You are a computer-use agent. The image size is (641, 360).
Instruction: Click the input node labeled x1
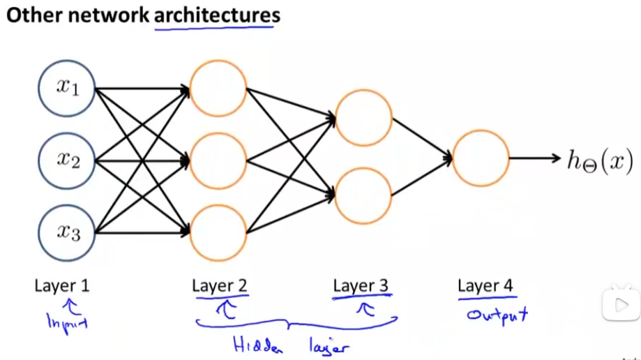[67, 89]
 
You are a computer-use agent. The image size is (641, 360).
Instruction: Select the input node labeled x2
[67, 160]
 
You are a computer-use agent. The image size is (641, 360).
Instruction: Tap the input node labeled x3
[67, 233]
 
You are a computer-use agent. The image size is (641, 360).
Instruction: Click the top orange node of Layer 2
[218, 89]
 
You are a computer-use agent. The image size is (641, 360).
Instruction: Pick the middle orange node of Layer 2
[218, 160]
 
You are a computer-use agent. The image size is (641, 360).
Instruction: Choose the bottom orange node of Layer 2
[218, 233]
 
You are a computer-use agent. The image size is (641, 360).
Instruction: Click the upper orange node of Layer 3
[363, 118]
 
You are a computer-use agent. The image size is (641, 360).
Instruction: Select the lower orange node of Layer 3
[363, 195]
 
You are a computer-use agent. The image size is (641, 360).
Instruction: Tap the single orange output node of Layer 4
[481, 158]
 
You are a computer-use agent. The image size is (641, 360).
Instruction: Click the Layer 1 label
[62, 285]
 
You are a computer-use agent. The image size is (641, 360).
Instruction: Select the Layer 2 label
[220, 285]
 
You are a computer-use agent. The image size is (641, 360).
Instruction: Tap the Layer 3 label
[361, 285]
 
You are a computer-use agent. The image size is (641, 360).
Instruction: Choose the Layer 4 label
[485, 285]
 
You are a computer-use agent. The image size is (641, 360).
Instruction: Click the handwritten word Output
[497, 315]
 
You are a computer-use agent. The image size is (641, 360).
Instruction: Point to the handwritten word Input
[67, 322]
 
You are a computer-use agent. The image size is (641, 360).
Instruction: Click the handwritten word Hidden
[257, 345]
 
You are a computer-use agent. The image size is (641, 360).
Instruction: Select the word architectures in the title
[217, 15]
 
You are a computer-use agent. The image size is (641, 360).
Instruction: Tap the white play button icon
[621, 305]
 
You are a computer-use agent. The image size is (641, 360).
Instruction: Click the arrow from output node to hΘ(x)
[535, 158]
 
